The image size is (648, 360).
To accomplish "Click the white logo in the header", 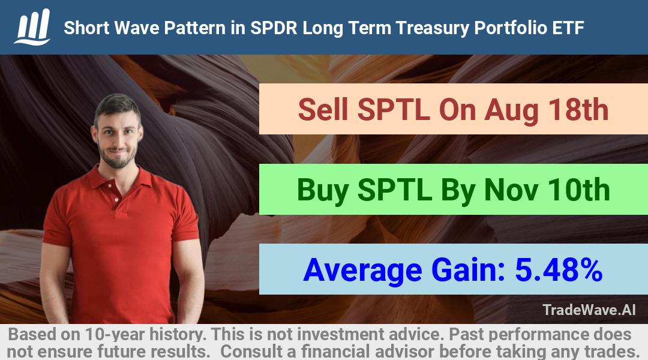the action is tap(32, 27).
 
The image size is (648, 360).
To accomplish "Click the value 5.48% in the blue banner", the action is tap(559, 270).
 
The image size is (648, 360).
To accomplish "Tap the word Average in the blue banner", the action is tap(362, 271).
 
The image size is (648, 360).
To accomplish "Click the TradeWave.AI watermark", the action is tap(589, 310).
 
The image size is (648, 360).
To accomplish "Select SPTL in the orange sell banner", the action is tap(393, 110).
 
